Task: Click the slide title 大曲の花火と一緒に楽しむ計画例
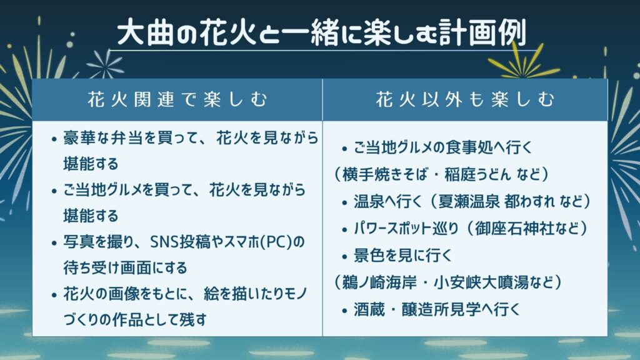pyautogui.click(x=321, y=32)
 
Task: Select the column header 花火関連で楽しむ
pyautogui.click(x=177, y=100)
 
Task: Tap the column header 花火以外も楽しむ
pyautogui.click(x=465, y=100)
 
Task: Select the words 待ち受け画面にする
pyautogui.click(x=125, y=267)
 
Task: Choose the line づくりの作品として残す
pyautogui.click(x=135, y=319)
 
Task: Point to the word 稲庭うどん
pyautogui.click(x=477, y=175)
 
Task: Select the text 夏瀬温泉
pyautogui.click(x=469, y=201)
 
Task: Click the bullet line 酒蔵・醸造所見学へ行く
pyautogui.click(x=437, y=309)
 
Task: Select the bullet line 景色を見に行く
pyautogui.click(x=402, y=256)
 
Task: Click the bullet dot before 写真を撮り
pyautogui.click(x=54, y=243)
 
